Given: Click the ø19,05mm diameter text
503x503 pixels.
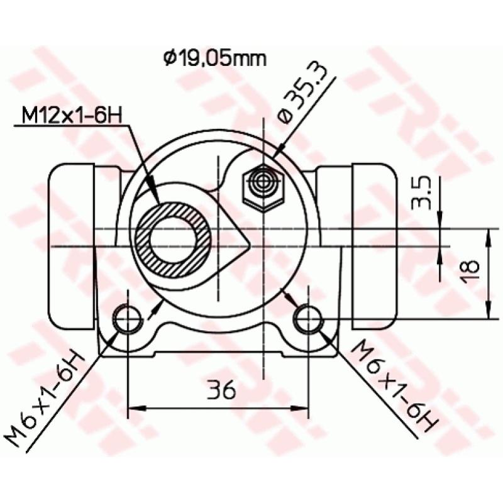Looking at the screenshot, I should point(214,59).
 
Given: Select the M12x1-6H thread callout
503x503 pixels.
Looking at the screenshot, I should point(71,115).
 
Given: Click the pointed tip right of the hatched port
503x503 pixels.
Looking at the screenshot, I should point(250,242).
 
